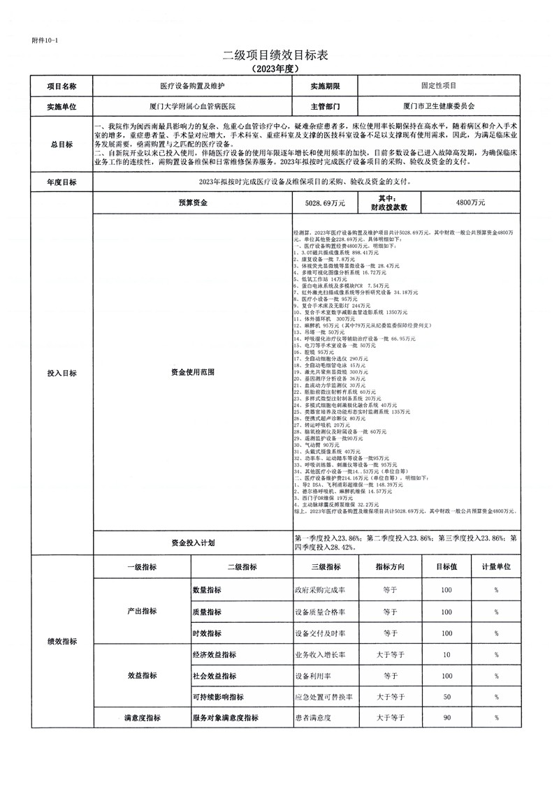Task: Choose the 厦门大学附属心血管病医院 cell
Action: pos(193,106)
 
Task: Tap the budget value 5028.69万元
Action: pos(325,202)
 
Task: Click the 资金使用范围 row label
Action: pos(193,372)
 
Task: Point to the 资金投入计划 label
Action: pos(193,543)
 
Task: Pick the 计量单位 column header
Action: pos(496,567)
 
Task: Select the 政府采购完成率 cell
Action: pos(321,590)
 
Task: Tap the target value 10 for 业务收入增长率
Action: pos(447,655)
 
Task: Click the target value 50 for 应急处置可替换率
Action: pos(447,697)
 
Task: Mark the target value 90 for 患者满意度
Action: pos(447,718)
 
